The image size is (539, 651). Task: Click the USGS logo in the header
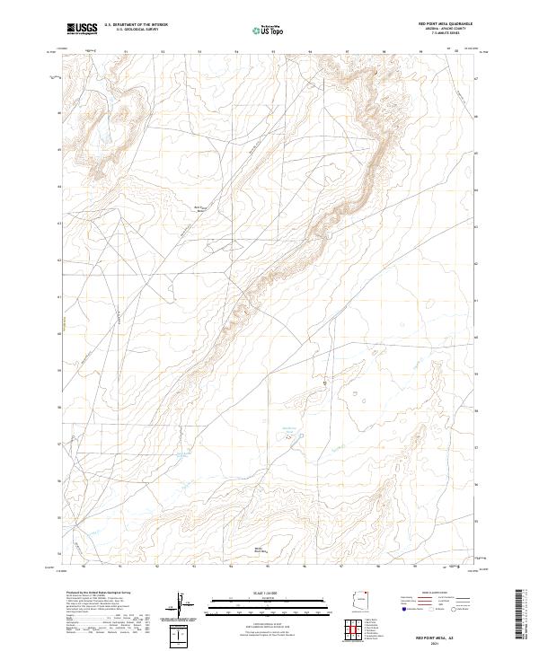point(82,29)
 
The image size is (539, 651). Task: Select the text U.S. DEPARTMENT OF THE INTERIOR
point(136,24)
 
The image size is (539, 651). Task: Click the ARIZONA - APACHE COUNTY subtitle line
point(446,29)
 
